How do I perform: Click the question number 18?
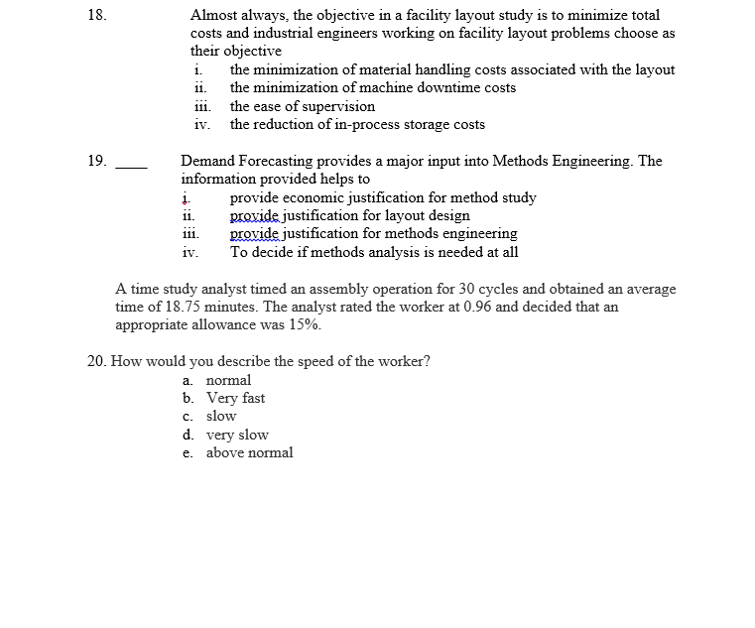point(95,16)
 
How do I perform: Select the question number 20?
point(97,361)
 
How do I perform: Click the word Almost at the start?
point(211,16)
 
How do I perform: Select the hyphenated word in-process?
point(366,124)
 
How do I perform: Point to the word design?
point(447,215)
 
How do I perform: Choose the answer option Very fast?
point(235,398)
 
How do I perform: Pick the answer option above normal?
point(249,452)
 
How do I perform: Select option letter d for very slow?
point(188,435)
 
